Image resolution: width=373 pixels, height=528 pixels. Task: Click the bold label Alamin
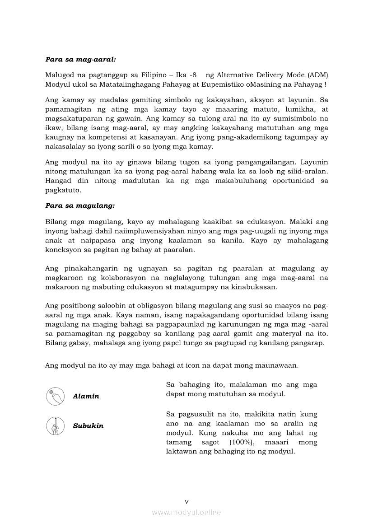click(x=86, y=397)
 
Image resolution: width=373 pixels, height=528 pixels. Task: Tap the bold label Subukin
click(x=88, y=426)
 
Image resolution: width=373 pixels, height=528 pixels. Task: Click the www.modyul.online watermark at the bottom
click(x=186, y=512)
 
